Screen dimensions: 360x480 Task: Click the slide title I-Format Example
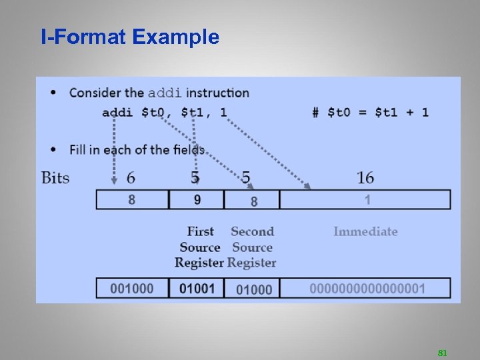tap(129, 37)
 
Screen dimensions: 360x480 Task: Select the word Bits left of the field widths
tap(55, 177)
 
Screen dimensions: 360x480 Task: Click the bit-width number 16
tap(365, 177)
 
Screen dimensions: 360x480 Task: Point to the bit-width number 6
tap(131, 177)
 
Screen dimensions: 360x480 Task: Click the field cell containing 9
tap(197, 199)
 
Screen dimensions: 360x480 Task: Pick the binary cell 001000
tap(131, 288)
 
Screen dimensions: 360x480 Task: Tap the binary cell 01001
tap(197, 288)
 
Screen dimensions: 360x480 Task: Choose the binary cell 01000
tap(254, 289)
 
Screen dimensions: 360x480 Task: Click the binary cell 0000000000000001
tap(367, 288)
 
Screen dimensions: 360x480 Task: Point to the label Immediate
tap(365, 231)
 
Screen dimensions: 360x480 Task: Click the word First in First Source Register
tap(200, 231)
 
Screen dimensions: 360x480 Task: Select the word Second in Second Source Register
tap(252, 231)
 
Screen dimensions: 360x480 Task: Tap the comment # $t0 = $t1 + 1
tap(370, 112)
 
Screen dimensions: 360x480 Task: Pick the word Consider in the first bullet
tap(95, 93)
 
